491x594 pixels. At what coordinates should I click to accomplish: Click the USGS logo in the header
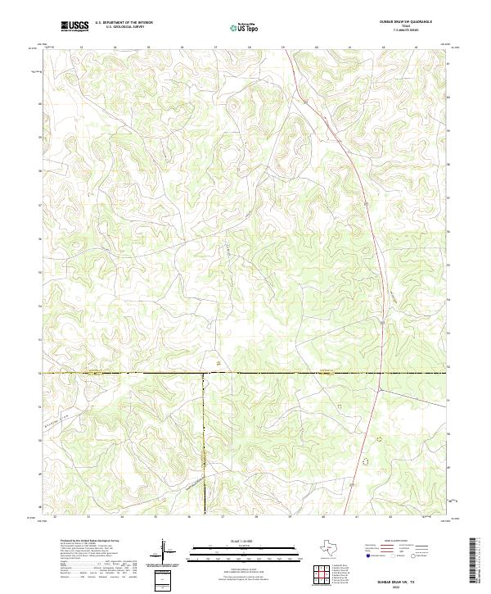coord(75,26)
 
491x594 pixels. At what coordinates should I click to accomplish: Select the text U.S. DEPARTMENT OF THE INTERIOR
coord(124,23)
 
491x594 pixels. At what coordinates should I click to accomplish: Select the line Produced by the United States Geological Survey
coord(90,542)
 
